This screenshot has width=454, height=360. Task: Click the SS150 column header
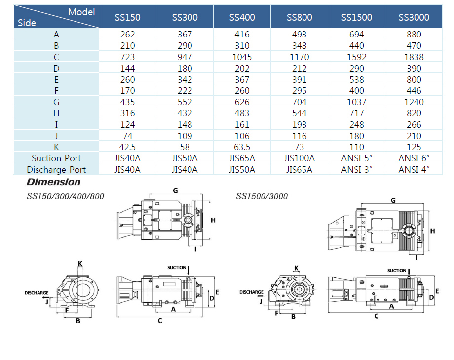(x=127, y=17)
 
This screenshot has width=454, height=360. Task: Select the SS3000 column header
(x=414, y=17)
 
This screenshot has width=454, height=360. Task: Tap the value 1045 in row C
(x=242, y=57)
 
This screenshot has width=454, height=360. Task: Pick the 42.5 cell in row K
(x=127, y=147)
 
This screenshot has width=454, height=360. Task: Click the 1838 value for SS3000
(x=414, y=57)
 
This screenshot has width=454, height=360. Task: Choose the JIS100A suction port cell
(x=299, y=158)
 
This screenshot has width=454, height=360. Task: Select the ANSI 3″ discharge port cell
(x=356, y=170)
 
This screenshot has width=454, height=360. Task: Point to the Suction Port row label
(x=56, y=158)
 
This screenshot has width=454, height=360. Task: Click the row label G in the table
(x=56, y=102)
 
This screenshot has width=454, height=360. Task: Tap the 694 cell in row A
(x=356, y=34)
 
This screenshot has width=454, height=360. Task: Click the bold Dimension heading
(x=54, y=182)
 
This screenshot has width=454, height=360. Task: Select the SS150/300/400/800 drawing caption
(x=66, y=196)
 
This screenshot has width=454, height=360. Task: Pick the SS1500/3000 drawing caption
(x=262, y=196)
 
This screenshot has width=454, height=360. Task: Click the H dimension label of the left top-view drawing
(x=213, y=220)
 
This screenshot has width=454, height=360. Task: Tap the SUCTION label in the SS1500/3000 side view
(x=397, y=271)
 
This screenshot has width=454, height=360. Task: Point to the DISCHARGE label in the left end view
(x=37, y=293)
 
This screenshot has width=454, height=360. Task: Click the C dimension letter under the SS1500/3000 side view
(x=376, y=316)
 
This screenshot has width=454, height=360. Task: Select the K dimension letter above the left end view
(x=80, y=264)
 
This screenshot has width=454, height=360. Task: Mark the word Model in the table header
(x=81, y=12)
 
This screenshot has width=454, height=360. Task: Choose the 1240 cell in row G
(x=414, y=102)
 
